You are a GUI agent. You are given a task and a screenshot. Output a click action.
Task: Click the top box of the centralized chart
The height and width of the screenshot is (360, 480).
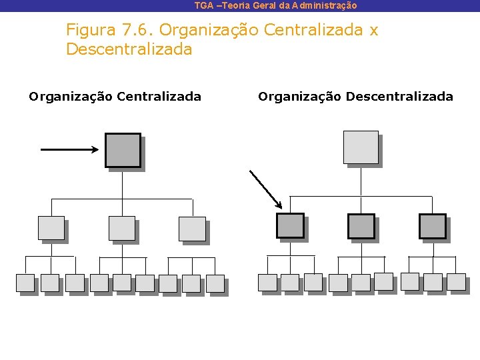point(123,150)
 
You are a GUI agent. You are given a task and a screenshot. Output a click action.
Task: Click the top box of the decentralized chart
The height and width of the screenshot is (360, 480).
point(361,147)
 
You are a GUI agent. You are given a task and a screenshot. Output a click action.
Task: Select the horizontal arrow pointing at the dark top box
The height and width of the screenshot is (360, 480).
point(69,149)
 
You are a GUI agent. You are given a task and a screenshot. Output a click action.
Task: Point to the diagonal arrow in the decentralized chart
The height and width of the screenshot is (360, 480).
point(265,189)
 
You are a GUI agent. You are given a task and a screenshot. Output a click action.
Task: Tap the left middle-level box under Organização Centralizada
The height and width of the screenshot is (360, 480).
point(51,229)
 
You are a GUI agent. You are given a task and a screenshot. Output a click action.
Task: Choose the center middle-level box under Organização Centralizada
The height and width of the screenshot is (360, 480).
point(122,229)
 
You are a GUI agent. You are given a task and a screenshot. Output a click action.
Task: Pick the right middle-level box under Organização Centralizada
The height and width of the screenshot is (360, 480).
point(192,229)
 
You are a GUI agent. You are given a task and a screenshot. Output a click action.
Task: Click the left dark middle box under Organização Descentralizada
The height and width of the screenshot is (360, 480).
point(290,226)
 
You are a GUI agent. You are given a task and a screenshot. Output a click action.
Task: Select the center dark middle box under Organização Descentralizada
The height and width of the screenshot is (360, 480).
point(361,226)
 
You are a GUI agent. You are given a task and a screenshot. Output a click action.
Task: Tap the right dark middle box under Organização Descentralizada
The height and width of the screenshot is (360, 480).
point(432,226)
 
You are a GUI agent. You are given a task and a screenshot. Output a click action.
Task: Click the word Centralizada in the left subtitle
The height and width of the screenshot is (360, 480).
point(159,97)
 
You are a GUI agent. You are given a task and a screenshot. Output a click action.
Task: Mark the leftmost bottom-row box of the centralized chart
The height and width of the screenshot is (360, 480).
point(25,283)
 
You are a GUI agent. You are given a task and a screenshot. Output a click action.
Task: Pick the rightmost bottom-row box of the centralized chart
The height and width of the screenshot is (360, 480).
point(215,283)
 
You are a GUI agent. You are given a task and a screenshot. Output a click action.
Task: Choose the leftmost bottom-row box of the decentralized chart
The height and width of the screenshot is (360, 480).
point(267,283)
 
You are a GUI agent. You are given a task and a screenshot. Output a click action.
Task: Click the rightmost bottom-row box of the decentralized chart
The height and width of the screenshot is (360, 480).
point(456,282)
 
